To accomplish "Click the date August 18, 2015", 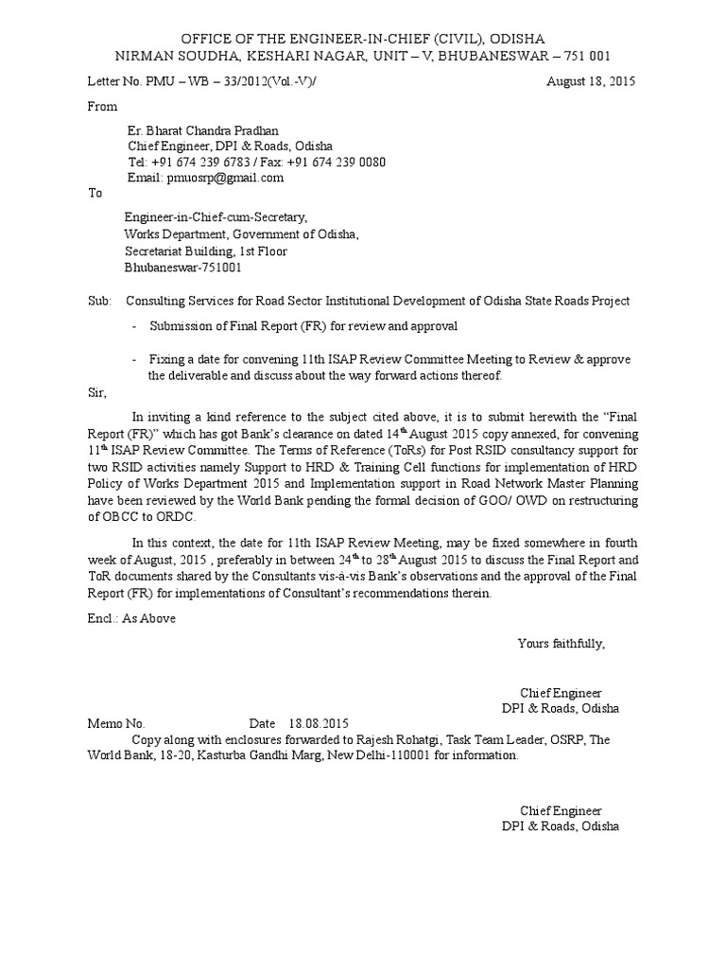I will click(x=592, y=81).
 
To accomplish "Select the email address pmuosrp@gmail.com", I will click(x=225, y=177).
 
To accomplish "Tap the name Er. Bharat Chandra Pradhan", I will click(x=203, y=130).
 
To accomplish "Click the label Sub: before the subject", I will click(x=99, y=301).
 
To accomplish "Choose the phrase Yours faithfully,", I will click(x=561, y=644).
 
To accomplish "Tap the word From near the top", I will click(x=102, y=107).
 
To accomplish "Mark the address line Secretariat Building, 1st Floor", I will click(x=206, y=251).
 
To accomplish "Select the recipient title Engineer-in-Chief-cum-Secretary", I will click(x=216, y=217).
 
